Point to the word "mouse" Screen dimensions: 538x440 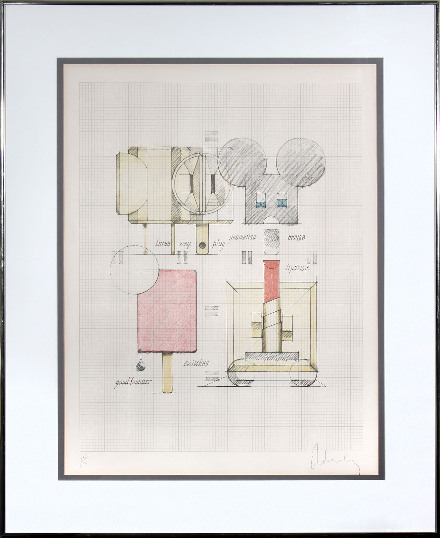coord(296,237)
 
